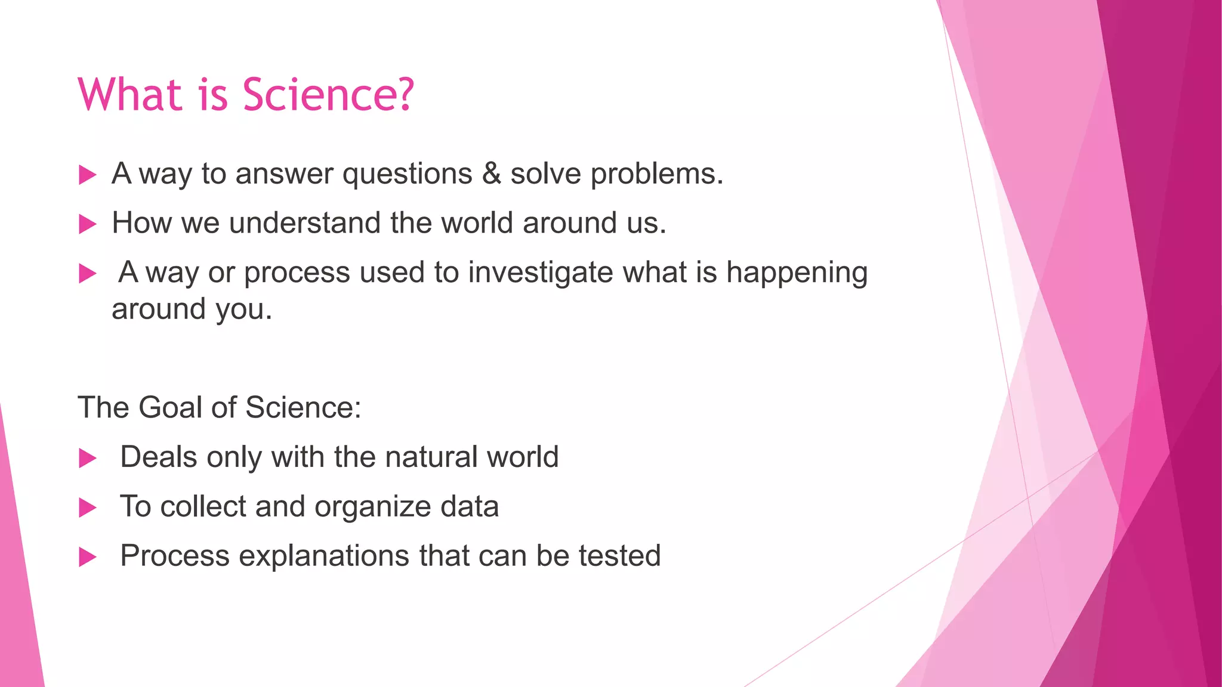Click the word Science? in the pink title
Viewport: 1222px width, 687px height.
click(328, 95)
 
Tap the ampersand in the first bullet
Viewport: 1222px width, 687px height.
click(491, 174)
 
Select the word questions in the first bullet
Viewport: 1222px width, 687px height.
click(408, 175)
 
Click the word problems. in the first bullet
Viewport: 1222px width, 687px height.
click(657, 175)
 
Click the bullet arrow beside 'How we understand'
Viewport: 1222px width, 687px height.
click(88, 224)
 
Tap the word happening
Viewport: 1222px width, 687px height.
click(797, 273)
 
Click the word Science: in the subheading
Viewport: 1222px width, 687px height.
click(303, 408)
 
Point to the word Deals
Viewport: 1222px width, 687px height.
click(159, 457)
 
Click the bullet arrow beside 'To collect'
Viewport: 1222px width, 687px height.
click(88, 508)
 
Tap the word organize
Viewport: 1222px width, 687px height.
click(373, 507)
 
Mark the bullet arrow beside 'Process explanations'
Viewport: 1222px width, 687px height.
click(88, 558)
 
